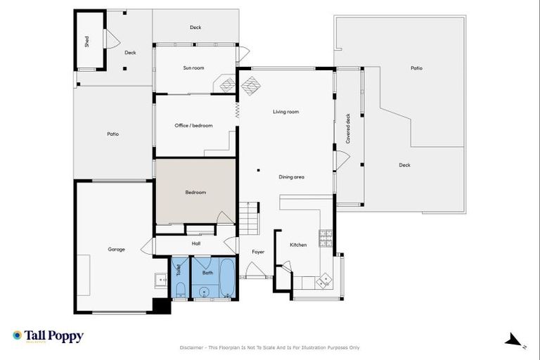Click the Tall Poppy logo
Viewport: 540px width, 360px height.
click(x=48, y=336)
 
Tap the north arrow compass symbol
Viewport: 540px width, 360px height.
click(x=515, y=340)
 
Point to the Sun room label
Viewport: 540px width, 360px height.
click(x=193, y=68)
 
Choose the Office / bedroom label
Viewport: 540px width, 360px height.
click(x=193, y=126)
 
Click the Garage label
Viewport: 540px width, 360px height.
click(x=116, y=249)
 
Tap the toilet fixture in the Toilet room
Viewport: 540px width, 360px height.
click(x=180, y=290)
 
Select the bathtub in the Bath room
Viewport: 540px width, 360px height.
click(x=228, y=279)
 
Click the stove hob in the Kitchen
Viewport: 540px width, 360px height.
click(x=326, y=239)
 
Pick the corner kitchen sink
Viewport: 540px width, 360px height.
click(x=323, y=281)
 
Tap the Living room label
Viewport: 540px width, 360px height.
click(x=286, y=112)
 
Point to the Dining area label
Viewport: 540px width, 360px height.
click(x=291, y=177)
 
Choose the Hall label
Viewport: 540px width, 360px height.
click(x=196, y=244)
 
